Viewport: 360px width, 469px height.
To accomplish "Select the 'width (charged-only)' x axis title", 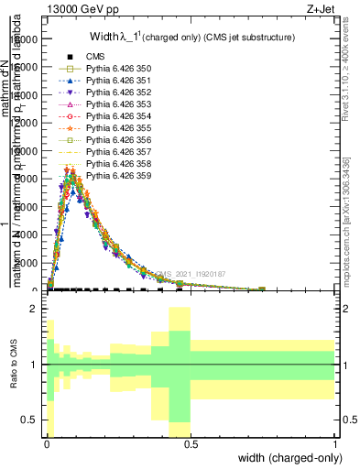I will [x=290, y=458].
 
